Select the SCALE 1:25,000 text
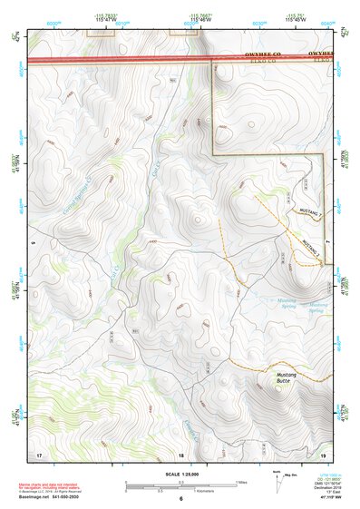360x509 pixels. tap(180, 474)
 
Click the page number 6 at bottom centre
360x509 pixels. tap(180, 499)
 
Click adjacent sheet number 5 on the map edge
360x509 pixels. tap(32, 244)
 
